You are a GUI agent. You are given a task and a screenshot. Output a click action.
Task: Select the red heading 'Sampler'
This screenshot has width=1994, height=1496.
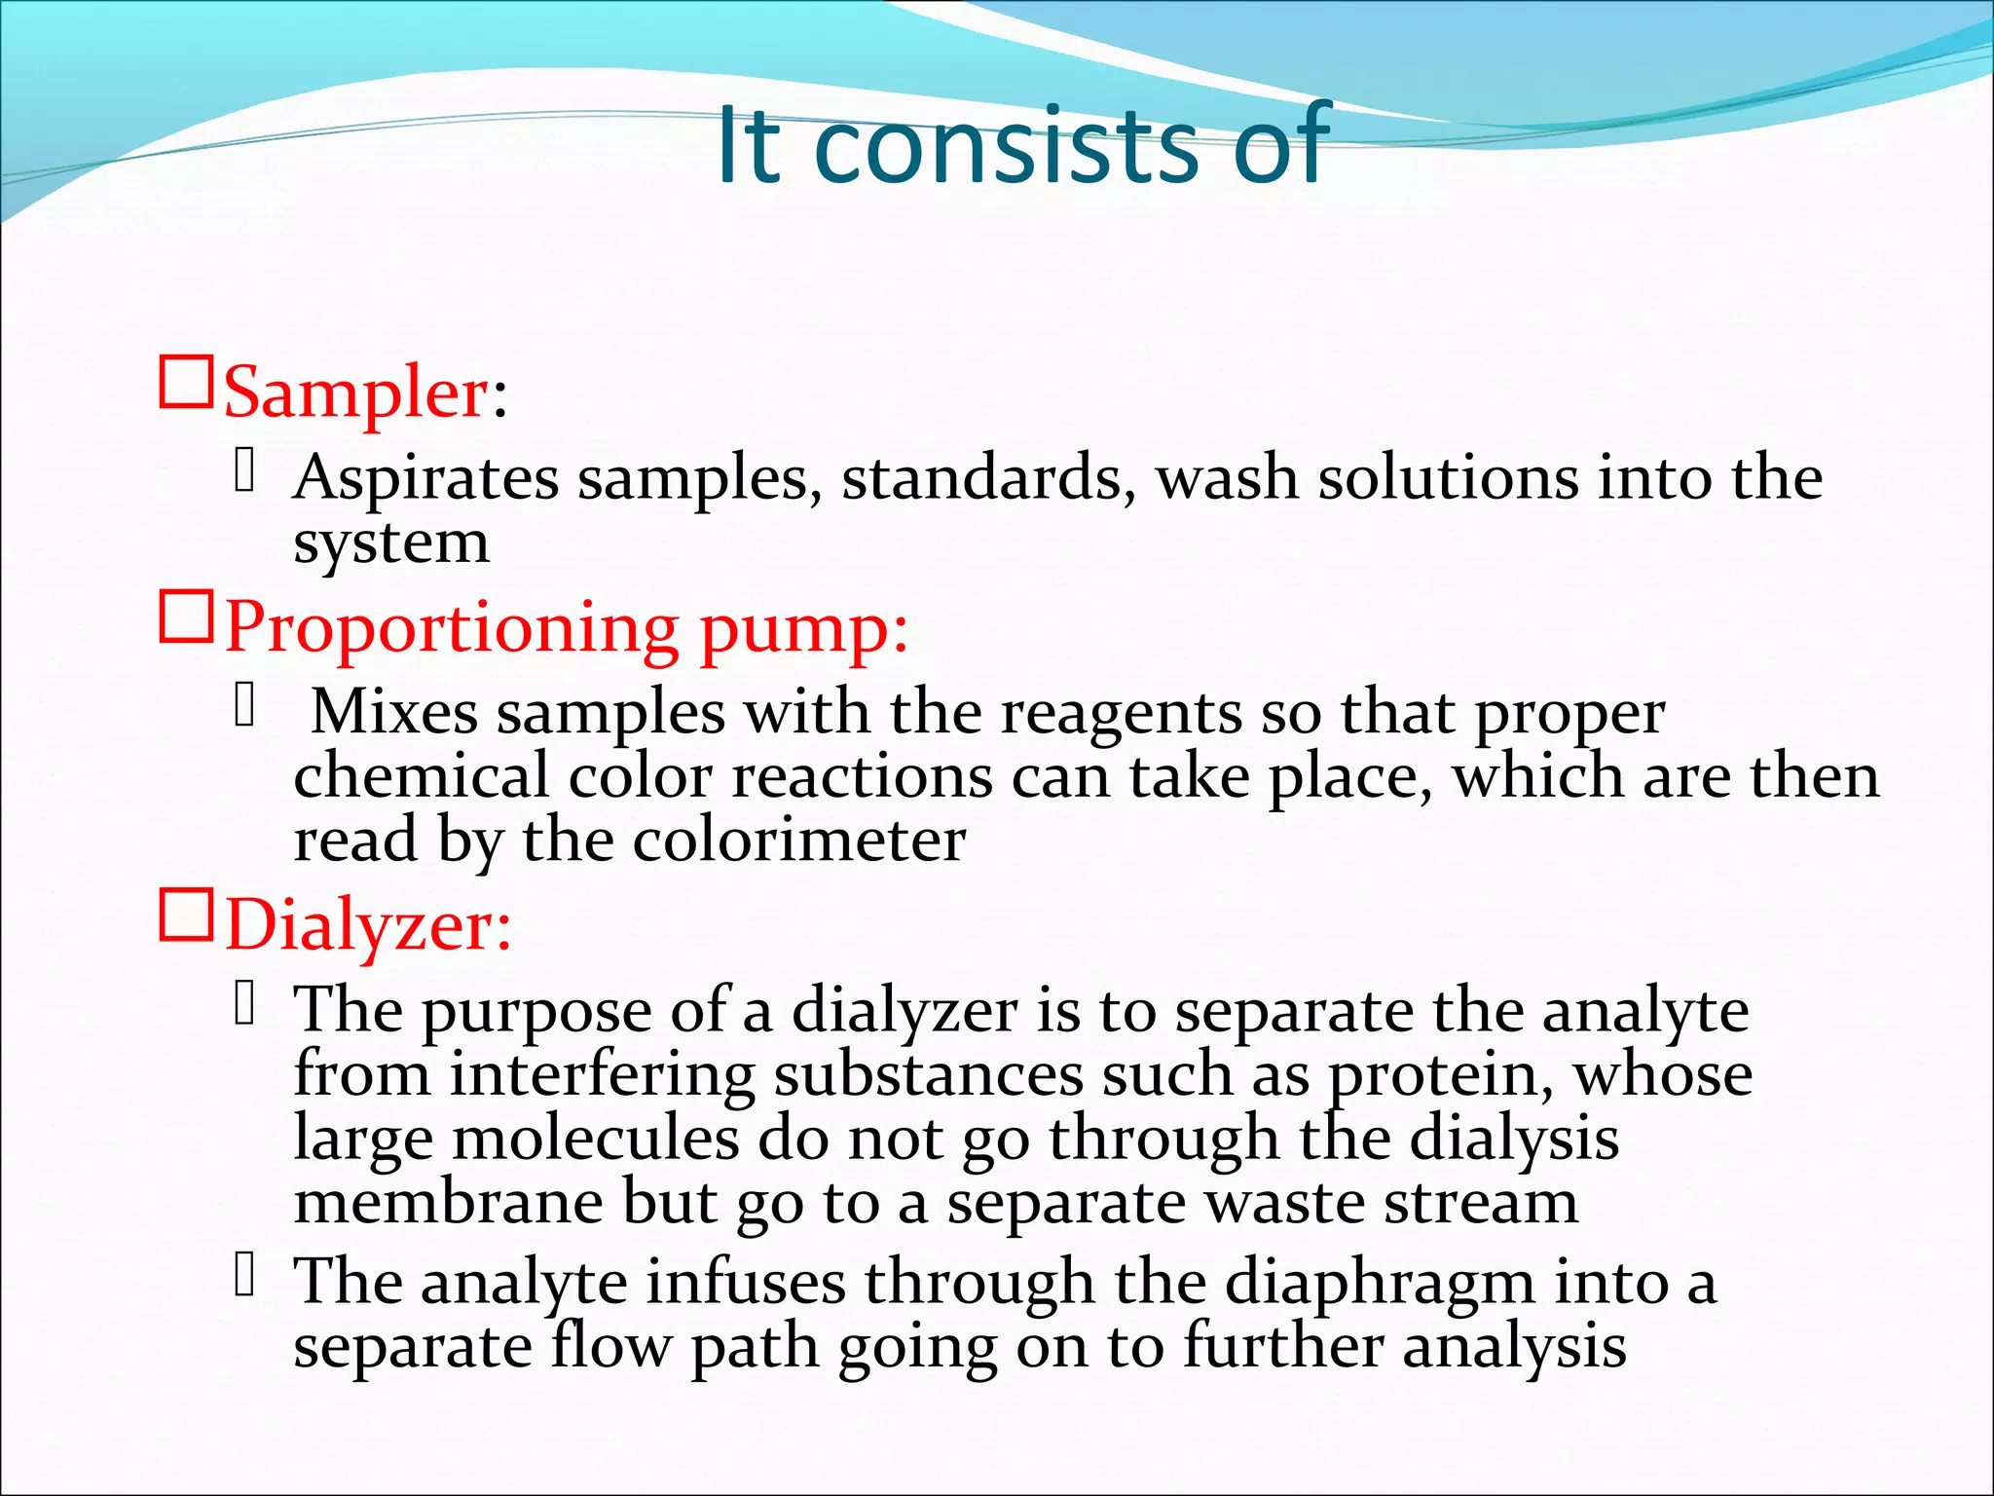coord(356,393)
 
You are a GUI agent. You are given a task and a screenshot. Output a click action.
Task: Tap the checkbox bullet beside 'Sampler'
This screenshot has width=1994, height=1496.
coord(185,384)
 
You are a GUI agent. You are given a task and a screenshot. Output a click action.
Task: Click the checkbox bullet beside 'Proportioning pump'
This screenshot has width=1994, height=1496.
coord(185,617)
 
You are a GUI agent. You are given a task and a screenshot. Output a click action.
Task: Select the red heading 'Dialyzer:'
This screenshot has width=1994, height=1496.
coord(368,925)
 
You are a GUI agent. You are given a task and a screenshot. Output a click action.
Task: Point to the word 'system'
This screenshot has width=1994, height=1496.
coord(391,543)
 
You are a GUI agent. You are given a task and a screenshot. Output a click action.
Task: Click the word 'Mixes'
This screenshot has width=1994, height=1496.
coord(394,712)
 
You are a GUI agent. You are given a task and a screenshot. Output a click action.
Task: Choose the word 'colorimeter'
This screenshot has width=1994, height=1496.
coord(799,841)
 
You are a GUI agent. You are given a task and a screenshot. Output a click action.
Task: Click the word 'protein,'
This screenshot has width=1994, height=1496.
coord(1440,1076)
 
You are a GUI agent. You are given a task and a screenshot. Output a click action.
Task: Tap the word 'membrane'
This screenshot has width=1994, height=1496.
coord(448,1202)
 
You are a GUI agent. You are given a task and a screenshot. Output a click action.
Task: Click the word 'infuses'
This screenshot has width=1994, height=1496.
coord(746,1282)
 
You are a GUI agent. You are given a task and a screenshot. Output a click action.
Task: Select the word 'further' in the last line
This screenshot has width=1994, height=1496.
coord(1283,1347)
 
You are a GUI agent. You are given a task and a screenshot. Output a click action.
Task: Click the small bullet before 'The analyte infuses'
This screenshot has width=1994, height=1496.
coord(244,1275)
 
